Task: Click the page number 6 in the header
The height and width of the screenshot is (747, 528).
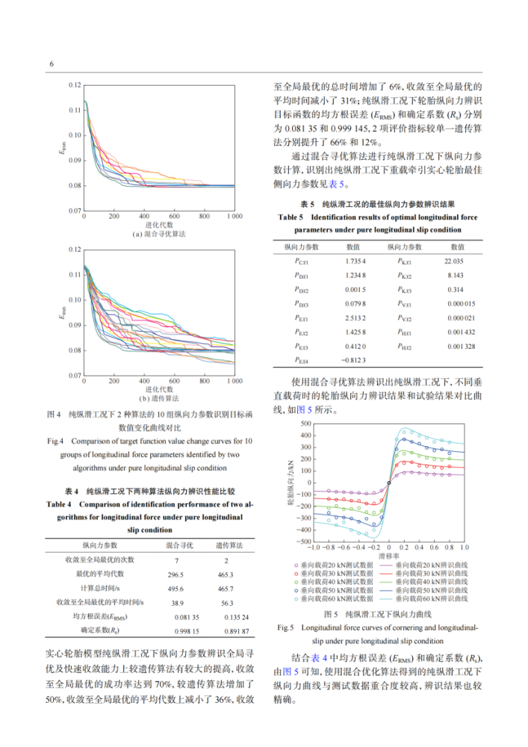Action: coord(51,63)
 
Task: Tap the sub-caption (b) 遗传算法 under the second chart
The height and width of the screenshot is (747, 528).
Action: coord(159,398)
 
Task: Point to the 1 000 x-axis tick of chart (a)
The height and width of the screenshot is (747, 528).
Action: coord(234,216)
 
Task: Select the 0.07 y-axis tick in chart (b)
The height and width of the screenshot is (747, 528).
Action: coord(74,375)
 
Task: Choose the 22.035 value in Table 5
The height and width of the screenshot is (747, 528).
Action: coord(454,261)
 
